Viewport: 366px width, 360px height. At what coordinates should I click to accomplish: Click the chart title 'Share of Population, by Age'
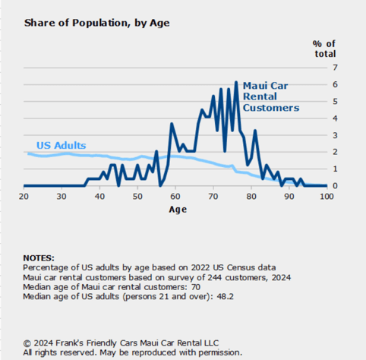(x=96, y=23)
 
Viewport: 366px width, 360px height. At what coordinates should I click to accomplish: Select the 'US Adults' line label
(x=61, y=145)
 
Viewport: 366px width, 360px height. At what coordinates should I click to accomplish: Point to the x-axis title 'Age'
(x=178, y=210)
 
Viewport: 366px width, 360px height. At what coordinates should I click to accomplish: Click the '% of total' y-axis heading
(x=324, y=49)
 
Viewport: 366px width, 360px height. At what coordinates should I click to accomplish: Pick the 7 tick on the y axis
(x=334, y=68)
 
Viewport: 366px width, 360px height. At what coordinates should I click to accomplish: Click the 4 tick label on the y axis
(x=334, y=118)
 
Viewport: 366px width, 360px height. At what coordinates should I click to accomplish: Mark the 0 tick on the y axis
(x=334, y=186)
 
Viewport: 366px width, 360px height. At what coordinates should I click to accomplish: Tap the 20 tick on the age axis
(x=24, y=197)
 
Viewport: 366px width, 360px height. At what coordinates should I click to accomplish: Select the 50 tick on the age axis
(x=137, y=197)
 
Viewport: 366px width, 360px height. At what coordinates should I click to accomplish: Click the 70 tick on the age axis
(x=213, y=197)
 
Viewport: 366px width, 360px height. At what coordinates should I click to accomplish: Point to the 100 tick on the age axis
(x=327, y=197)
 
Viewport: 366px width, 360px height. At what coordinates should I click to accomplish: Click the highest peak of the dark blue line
(x=236, y=82)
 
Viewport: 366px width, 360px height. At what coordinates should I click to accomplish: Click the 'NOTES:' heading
(x=44, y=258)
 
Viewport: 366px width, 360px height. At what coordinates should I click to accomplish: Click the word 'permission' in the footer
(x=218, y=352)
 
